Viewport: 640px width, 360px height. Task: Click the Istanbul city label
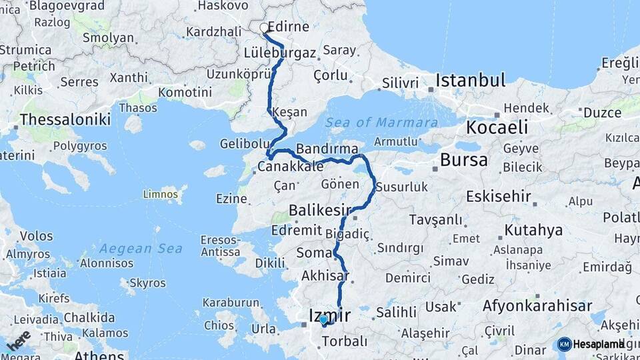tap(470, 81)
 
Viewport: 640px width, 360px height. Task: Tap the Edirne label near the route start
tap(288, 27)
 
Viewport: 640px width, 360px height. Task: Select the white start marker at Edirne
tap(265, 29)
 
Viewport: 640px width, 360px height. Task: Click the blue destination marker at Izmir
tap(323, 320)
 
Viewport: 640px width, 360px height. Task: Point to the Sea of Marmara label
tap(382, 123)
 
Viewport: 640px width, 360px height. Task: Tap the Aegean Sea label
tap(141, 249)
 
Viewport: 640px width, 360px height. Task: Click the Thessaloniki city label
tap(65, 120)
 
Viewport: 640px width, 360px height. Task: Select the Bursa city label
tap(463, 161)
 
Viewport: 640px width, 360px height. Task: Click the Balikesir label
tap(320, 211)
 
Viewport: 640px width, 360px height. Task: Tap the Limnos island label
tap(161, 195)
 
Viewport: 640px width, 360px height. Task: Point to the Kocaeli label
tap(497, 127)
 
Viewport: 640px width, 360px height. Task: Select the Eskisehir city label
tap(498, 197)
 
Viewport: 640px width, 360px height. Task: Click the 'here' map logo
tap(19, 340)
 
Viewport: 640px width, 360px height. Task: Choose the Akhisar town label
tap(325, 275)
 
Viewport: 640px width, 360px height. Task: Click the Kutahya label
tap(533, 231)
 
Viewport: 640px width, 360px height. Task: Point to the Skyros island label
tap(147, 283)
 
